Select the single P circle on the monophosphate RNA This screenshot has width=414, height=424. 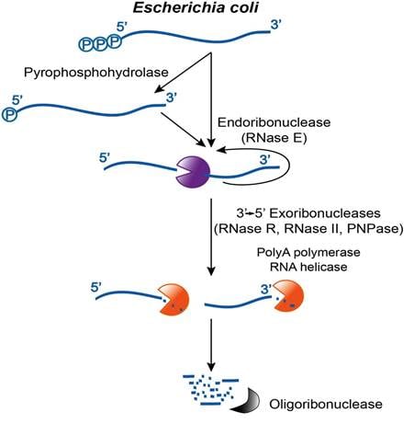[10, 115]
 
